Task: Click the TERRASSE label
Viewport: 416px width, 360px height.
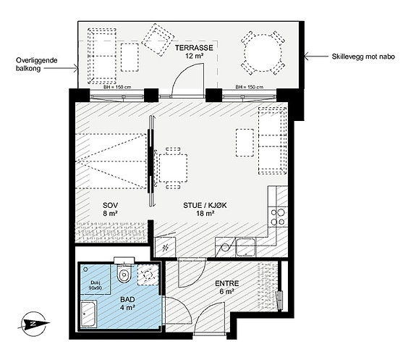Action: click(x=194, y=48)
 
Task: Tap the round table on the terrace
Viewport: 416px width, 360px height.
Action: click(x=263, y=53)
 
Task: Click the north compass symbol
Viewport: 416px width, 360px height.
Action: click(x=33, y=324)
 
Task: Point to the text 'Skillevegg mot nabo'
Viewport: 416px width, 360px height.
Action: click(x=363, y=56)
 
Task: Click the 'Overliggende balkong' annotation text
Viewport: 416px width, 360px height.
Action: click(x=36, y=64)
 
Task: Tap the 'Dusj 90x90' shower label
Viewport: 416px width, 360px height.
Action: click(x=95, y=285)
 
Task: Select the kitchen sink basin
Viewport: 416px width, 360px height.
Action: click(x=246, y=247)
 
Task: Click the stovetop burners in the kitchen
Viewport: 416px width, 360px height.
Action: click(x=278, y=217)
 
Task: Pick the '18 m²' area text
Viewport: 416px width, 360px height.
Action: click(x=205, y=213)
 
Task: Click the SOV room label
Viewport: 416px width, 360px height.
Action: click(x=111, y=206)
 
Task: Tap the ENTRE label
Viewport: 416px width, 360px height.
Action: click(x=227, y=284)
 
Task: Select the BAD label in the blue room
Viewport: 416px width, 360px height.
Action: click(x=127, y=300)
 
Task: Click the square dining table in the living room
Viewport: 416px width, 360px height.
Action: click(x=173, y=168)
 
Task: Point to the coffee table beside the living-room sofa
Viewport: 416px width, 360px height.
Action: click(x=245, y=143)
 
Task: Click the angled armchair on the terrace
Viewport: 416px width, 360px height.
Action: click(x=158, y=40)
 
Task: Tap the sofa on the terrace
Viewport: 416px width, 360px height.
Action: click(x=102, y=56)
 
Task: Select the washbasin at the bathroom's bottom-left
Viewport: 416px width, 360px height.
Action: click(x=88, y=314)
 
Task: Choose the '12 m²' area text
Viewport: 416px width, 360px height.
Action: click(x=194, y=56)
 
